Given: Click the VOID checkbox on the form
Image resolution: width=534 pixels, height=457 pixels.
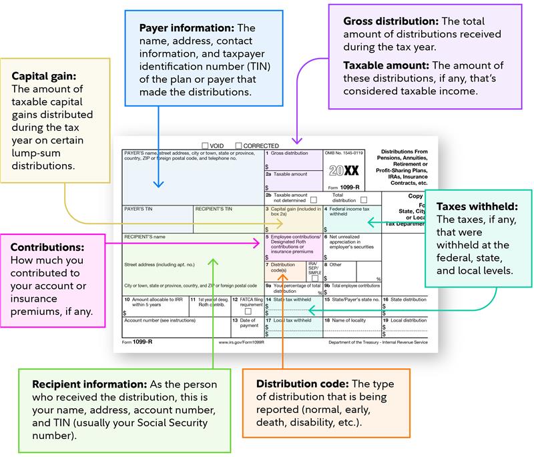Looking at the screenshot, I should pyautogui.click(x=205, y=145).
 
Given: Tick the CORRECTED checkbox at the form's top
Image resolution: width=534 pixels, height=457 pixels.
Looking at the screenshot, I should pyautogui.click(x=238, y=145).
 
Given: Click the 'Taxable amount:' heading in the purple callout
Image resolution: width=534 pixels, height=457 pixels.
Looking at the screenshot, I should pyautogui.click(x=384, y=65).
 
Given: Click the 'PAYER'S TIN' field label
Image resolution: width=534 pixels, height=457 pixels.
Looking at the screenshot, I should pyautogui.click(x=140, y=209).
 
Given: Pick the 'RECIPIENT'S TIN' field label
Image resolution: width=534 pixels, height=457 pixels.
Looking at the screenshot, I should pyautogui.click(x=214, y=209).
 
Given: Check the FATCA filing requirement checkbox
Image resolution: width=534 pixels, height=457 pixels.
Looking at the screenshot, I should pyautogui.click(x=248, y=312).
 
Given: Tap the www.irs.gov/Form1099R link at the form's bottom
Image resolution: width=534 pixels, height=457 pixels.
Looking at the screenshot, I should pyautogui.click(x=241, y=342).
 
